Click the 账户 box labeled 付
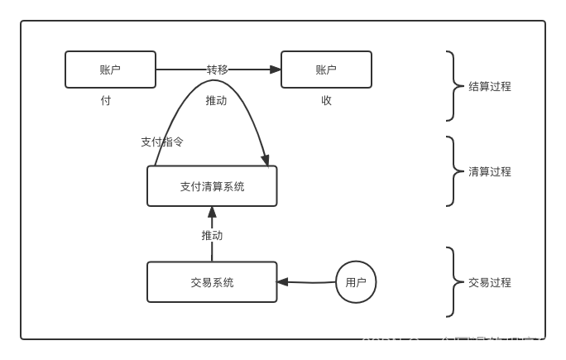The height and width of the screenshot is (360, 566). coord(110,70)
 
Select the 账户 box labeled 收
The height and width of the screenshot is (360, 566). coord(326,70)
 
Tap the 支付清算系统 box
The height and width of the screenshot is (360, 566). coord(212,186)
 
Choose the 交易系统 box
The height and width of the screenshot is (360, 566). coord(212,282)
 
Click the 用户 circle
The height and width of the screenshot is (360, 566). coord(356,282)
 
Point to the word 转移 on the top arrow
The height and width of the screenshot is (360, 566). coord(217,70)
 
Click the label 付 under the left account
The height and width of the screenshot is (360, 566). coord(106,100)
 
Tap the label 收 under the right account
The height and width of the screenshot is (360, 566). coord(326,100)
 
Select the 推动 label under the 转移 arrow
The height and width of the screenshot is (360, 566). coord(216,100)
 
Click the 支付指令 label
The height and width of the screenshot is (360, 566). coord(162,142)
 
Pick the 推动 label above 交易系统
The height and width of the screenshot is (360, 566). coord(212,235)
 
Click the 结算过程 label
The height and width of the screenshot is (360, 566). coord(490,86)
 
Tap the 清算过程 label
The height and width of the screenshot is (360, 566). coord(490,171)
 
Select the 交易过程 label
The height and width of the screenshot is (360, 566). coord(490,282)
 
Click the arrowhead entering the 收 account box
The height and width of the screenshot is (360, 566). coord(276,70)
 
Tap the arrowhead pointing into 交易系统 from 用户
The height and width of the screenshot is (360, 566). coord(283,281)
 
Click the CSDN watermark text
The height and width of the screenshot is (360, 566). coord(456,343)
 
